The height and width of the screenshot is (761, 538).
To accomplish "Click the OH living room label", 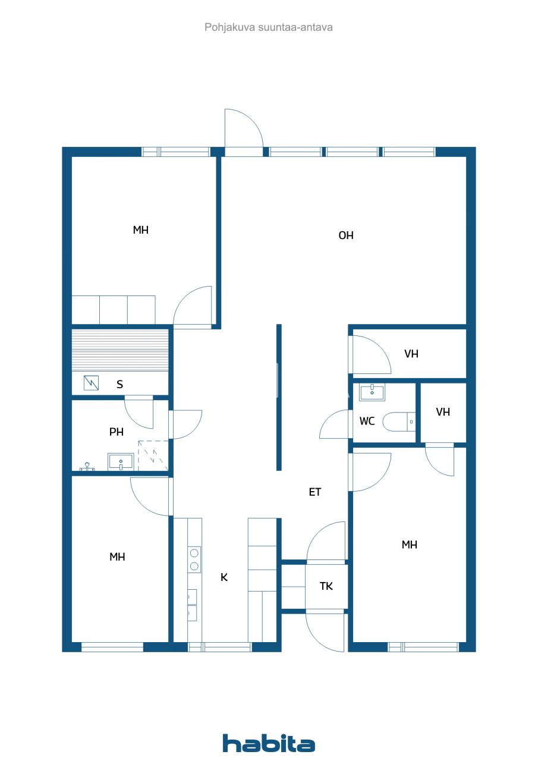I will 346,235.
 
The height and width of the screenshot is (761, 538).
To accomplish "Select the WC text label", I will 367,422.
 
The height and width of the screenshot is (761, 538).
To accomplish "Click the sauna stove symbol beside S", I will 92,383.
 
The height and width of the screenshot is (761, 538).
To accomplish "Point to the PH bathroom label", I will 117,432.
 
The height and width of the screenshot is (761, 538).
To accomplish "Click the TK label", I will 326,586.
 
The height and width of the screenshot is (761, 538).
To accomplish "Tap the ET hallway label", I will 315,492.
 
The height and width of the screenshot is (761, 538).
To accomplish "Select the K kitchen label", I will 224,577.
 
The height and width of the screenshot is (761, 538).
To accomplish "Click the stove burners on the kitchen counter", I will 194,559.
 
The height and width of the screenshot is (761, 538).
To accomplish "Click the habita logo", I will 269,743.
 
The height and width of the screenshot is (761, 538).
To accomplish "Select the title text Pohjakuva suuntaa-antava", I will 269,27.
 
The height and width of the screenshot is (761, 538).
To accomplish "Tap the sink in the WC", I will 372,391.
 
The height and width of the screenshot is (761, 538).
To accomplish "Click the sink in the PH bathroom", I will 121,462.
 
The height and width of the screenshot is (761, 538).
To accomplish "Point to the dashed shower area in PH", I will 153,456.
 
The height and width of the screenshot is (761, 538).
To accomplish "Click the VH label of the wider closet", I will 411,354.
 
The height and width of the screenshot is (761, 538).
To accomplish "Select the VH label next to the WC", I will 443,412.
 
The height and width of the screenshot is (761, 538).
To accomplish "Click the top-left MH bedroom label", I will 141,230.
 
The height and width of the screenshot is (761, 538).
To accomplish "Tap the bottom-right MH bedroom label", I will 410,545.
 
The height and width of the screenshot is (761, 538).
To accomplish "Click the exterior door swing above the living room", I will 244,131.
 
